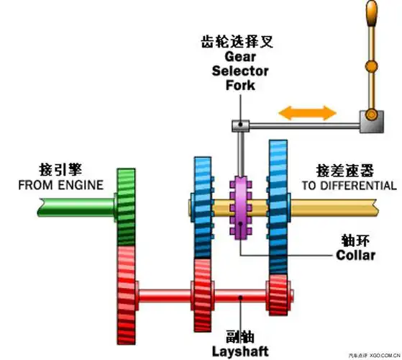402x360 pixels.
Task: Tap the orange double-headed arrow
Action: [308, 112]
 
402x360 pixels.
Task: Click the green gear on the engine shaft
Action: [126, 207]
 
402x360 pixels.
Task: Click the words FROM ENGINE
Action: [60, 186]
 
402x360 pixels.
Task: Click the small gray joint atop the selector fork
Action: [240, 126]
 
